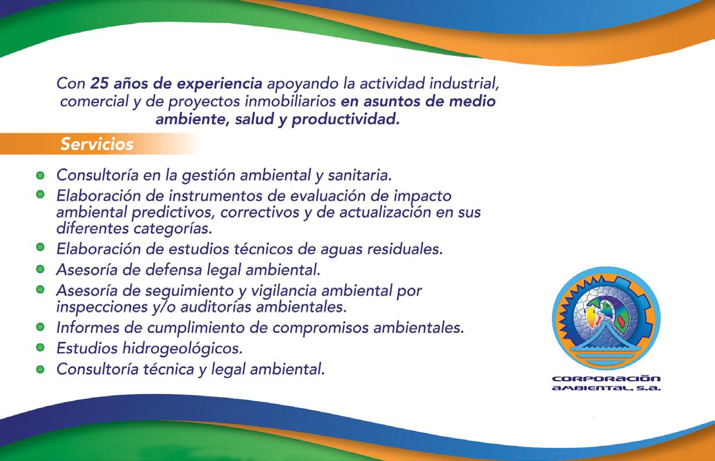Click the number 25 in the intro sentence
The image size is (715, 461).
point(100,84)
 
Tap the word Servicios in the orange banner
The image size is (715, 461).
point(97,144)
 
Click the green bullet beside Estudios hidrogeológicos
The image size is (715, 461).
point(40,347)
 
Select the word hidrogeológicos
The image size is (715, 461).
point(182,348)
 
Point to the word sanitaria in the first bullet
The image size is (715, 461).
point(360,175)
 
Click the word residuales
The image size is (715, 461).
point(405,249)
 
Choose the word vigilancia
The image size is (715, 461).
point(284,291)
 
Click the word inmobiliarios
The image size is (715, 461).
point(290,102)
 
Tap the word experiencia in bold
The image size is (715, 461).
point(220,84)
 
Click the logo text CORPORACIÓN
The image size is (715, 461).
point(606,379)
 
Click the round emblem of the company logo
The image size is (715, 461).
point(606,318)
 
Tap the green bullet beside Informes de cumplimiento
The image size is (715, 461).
point(40,327)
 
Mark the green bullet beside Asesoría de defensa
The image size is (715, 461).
point(40,269)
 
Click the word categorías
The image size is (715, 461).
point(172,229)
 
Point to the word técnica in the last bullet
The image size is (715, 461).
point(168,369)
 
